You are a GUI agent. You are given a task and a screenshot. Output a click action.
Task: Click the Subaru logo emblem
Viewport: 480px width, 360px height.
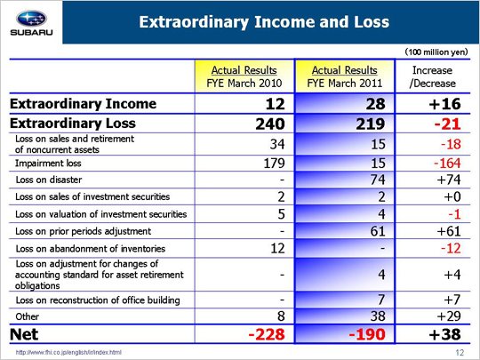click(31, 19)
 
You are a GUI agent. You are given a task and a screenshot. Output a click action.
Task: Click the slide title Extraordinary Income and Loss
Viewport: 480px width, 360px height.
click(264, 22)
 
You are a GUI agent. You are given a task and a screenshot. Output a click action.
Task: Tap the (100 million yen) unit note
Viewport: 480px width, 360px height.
click(436, 52)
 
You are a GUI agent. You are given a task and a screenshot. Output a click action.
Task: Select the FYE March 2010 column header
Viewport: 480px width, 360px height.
click(244, 76)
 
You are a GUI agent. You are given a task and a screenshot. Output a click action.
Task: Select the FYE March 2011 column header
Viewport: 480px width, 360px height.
click(344, 76)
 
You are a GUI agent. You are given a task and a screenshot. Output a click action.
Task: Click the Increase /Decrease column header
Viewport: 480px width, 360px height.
click(432, 76)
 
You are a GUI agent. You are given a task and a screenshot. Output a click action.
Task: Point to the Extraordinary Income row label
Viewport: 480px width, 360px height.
click(83, 104)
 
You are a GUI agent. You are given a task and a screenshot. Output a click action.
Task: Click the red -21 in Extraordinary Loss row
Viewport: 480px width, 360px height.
click(447, 124)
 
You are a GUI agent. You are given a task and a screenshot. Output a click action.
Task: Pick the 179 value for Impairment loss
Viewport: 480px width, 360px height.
click(274, 164)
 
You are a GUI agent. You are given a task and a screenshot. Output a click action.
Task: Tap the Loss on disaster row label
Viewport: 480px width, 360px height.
click(49, 180)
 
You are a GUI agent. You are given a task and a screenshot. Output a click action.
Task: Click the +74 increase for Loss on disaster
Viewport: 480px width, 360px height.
click(449, 180)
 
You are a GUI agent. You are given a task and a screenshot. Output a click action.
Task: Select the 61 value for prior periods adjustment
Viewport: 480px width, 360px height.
click(378, 231)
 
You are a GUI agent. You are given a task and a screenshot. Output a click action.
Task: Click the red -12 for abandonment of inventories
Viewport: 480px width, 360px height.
click(451, 248)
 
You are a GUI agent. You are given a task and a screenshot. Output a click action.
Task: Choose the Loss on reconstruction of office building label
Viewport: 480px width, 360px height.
click(98, 300)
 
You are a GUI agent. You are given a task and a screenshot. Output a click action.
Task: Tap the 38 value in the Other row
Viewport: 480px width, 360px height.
click(378, 316)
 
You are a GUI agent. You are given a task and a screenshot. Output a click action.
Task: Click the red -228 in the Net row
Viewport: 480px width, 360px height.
click(267, 334)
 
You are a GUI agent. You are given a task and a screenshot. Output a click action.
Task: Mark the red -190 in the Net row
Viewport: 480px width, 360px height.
click(367, 334)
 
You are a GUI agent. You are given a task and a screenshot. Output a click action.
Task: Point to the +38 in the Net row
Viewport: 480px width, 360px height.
click(444, 334)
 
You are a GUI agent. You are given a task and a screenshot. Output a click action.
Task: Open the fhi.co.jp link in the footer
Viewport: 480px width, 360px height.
click(68, 353)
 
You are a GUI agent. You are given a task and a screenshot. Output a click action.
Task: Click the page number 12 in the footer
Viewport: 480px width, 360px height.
click(460, 353)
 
